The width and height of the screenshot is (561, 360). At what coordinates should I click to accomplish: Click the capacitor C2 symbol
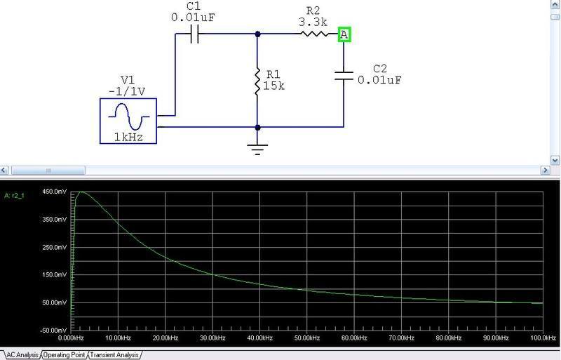coord(344,74)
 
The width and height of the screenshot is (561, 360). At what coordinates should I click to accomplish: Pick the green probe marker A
coord(344,34)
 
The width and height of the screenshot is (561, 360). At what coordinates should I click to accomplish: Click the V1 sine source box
coord(128,121)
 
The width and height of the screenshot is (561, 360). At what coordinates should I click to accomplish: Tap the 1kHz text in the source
coord(128,138)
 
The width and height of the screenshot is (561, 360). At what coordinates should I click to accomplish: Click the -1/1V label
coord(128,91)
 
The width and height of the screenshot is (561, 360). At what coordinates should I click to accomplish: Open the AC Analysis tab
coord(22,355)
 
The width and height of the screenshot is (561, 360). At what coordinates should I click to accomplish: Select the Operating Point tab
coord(65,355)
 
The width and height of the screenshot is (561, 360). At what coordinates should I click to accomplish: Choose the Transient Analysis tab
coord(115,355)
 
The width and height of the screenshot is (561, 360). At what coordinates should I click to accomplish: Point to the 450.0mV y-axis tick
coord(55,192)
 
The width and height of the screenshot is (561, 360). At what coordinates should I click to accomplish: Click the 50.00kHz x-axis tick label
coord(306,338)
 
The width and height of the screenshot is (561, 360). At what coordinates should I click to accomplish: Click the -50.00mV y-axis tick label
coord(54,330)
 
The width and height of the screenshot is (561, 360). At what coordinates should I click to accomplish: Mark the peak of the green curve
coord(80,192)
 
